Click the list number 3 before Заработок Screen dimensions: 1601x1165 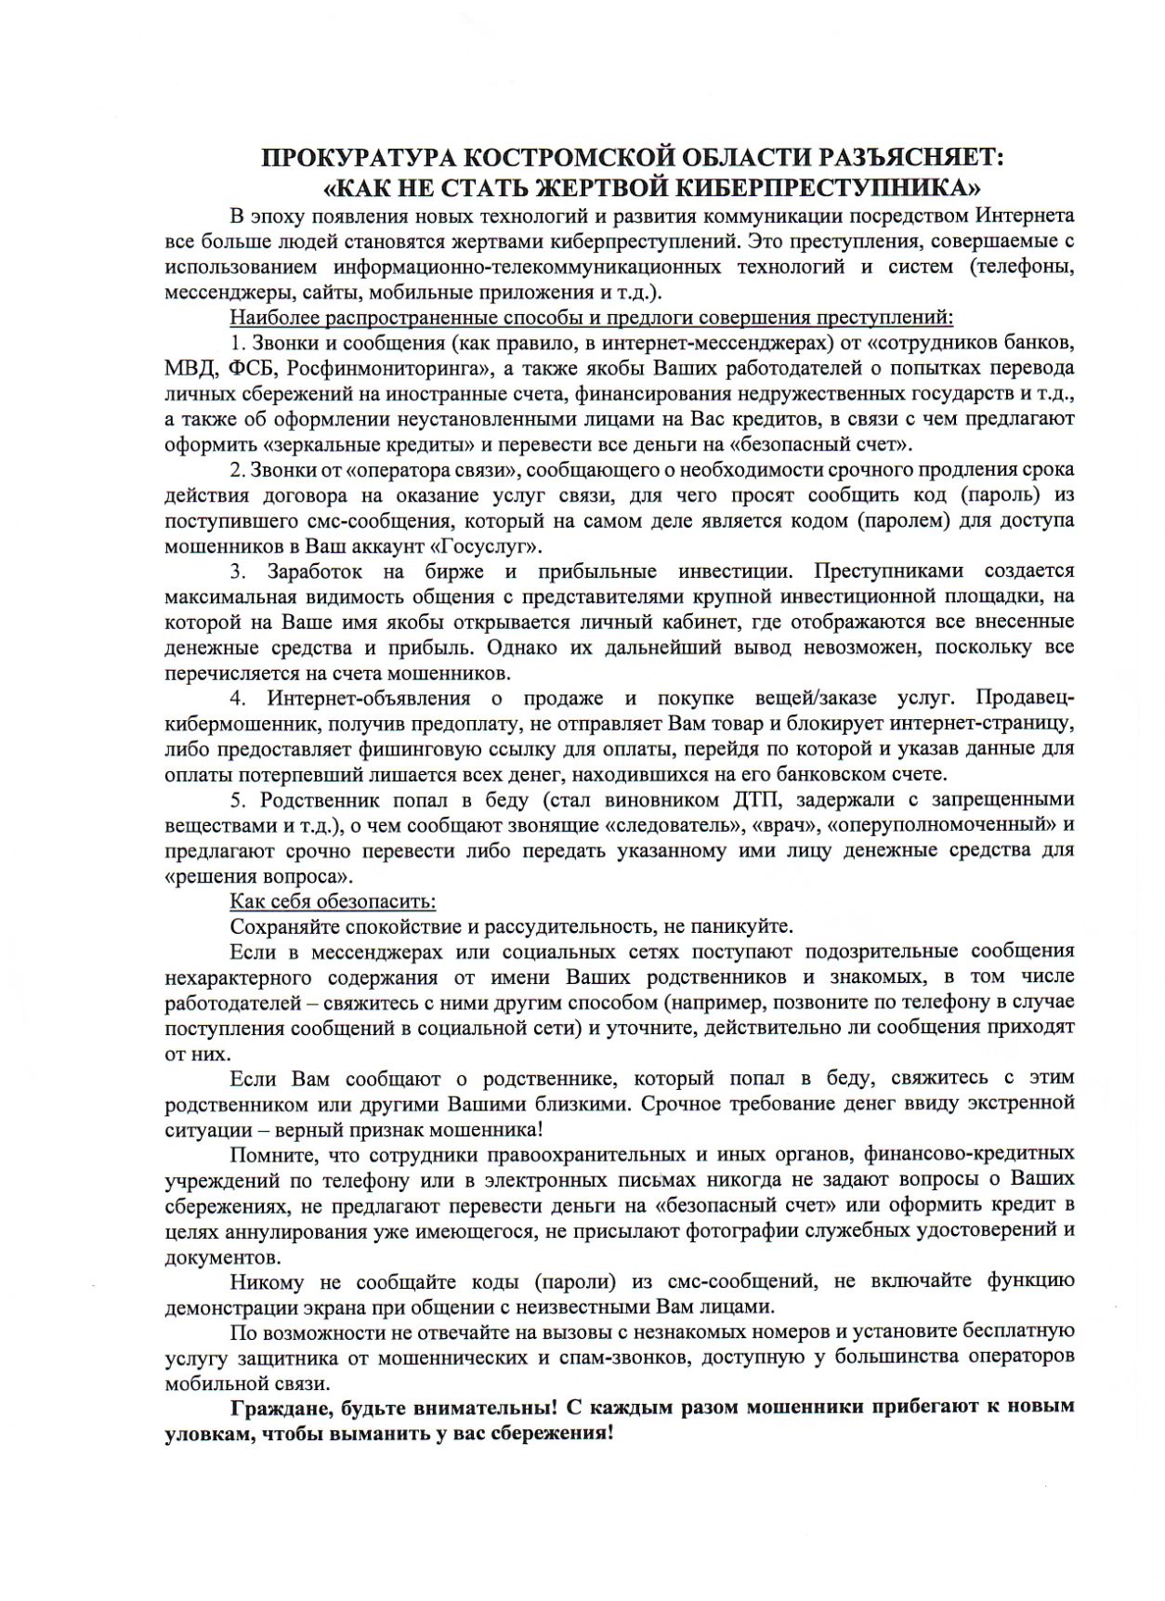point(238,570)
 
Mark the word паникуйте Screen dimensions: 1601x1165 point(747,925)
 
